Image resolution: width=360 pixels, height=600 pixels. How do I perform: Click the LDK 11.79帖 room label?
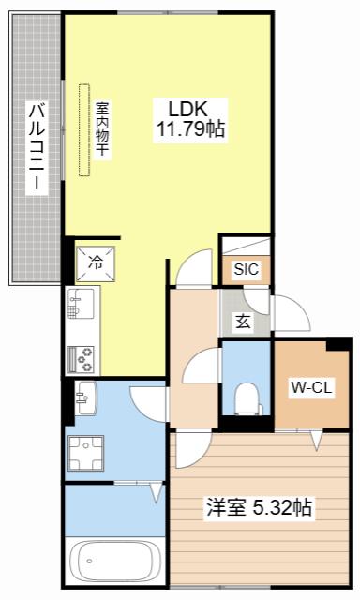coord(190,120)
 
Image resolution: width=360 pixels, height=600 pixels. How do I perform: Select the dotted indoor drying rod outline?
coord(84,130)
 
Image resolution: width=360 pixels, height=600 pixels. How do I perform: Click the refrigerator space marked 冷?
coord(96,263)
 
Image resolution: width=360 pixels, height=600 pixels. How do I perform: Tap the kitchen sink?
coord(81,304)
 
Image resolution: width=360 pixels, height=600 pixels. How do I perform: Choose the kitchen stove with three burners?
coord(81,359)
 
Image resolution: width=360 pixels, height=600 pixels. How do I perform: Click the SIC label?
coord(247,269)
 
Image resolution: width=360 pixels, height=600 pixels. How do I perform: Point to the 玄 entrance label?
coord(243,322)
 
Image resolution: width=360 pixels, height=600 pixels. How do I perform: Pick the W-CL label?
coord(311,387)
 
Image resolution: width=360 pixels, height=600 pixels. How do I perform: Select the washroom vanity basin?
coord(86,397)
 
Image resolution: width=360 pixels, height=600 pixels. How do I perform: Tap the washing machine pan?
coord(85,453)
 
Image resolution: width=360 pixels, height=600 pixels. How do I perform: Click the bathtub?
coord(113,562)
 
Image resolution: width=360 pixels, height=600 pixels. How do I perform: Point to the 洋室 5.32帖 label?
coord(260,507)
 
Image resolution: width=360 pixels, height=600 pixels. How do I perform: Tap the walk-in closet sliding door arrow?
coord(316,440)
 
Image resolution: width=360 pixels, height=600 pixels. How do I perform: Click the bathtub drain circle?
coord(89,562)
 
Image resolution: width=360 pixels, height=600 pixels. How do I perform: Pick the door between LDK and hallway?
coord(196,268)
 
